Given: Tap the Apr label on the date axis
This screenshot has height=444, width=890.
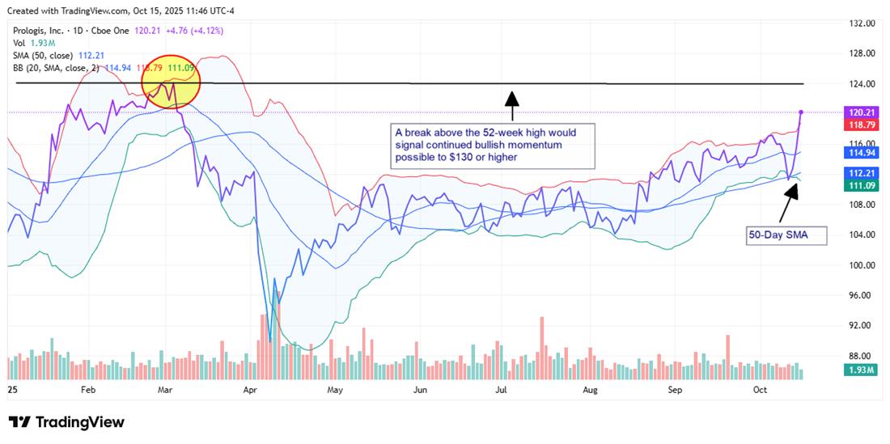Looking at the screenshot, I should click(250, 390).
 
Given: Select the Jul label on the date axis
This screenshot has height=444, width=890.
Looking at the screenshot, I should click(502, 390).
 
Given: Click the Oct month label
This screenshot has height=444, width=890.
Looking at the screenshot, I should click(760, 390).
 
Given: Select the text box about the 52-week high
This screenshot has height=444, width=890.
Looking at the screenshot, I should click(494, 145).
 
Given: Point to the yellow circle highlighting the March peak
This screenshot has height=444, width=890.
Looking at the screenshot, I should click(171, 85).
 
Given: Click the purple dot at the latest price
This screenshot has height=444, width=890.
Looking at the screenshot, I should click(801, 112).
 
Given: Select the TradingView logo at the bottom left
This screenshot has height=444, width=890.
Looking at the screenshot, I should click(66, 422).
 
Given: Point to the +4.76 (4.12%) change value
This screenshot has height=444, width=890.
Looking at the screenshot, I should click(194, 31).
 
